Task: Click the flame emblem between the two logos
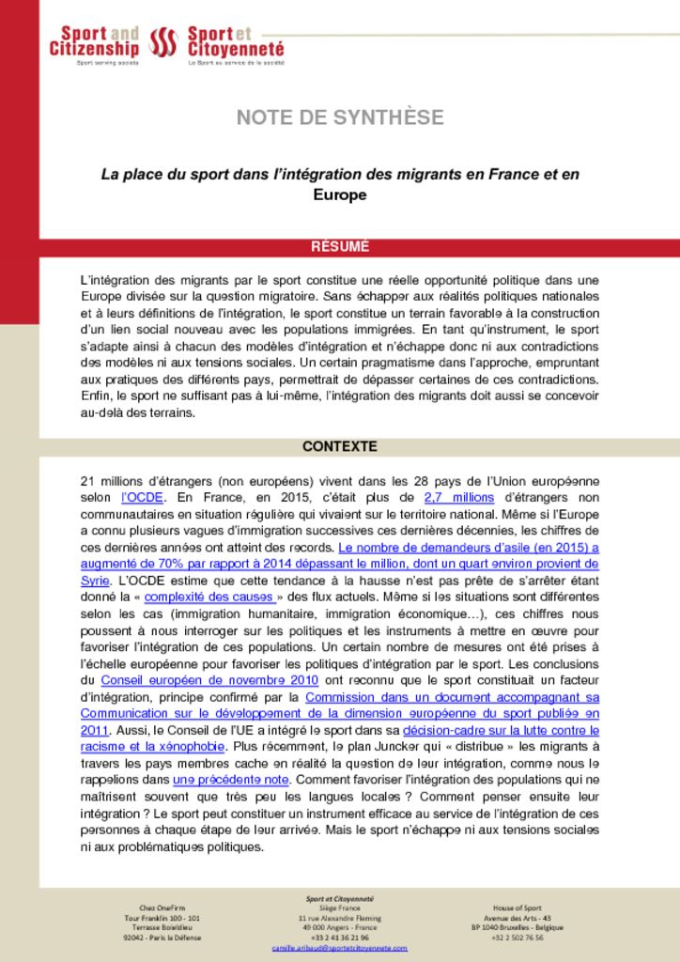click(x=163, y=42)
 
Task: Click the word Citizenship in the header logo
click(x=94, y=49)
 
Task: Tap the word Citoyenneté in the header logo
click(x=236, y=49)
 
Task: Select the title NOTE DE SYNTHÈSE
click(x=340, y=117)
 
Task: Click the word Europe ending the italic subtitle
click(x=339, y=195)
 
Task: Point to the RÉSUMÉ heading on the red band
click(x=340, y=247)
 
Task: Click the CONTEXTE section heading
click(x=340, y=446)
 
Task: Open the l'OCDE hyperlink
click(x=143, y=498)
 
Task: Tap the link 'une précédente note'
click(x=231, y=781)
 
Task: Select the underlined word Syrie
click(x=96, y=580)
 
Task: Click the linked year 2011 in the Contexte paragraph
click(x=95, y=730)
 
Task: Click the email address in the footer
click(x=340, y=949)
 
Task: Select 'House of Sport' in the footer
click(x=518, y=908)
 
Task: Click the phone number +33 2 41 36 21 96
click(x=339, y=938)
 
